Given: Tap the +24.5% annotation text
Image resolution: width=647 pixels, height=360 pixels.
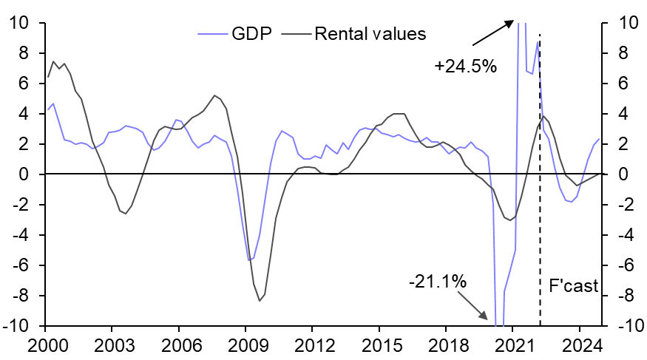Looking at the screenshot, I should coord(465,67).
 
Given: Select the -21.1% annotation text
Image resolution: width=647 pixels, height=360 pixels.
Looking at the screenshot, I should coord(437,282).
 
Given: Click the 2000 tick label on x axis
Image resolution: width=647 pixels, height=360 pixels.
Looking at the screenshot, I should coord(45,344).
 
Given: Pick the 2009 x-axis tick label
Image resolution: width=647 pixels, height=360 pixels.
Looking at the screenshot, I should coord(245,344).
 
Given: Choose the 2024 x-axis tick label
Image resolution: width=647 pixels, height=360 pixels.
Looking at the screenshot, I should coord(580,344).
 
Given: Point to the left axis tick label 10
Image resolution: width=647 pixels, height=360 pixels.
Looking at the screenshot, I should coord(19,23).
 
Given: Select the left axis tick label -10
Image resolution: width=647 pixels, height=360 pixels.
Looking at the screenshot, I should coord(16,326).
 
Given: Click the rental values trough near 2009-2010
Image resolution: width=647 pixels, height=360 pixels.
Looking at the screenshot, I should coord(260,300).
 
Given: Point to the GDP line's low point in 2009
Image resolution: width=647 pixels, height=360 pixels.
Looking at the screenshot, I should coord(249,260).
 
